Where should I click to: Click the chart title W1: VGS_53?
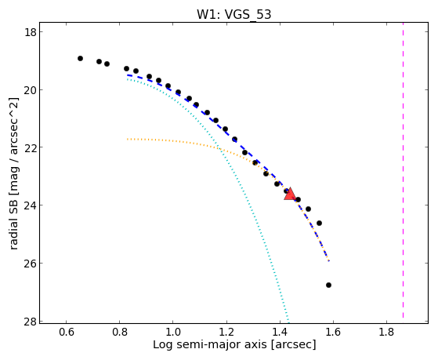coord(233,15)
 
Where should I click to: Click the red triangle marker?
coord(290,195)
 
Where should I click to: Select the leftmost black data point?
coord(80,59)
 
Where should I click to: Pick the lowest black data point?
coord(328,285)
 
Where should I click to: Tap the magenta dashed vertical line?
coord(403,170)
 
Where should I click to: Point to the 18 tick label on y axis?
coord(30,32)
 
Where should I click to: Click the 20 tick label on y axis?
coord(30,89)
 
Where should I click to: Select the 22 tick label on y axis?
coord(30,147)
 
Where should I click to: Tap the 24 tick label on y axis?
coord(30,205)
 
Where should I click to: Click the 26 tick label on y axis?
coord(30,264)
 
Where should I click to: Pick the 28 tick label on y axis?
coord(30,321)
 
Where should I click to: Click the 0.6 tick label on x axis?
coord(66,332)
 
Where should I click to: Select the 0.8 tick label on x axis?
coord(120,332)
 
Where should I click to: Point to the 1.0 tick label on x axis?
coord(173,332)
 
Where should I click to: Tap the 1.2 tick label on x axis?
coord(226,332)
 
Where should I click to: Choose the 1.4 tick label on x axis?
coord(280,332)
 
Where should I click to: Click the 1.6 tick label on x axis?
coord(333,332)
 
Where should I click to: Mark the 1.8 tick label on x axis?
coord(386,332)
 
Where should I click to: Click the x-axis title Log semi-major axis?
coord(210,344)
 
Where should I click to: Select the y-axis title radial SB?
coord(13,209)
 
